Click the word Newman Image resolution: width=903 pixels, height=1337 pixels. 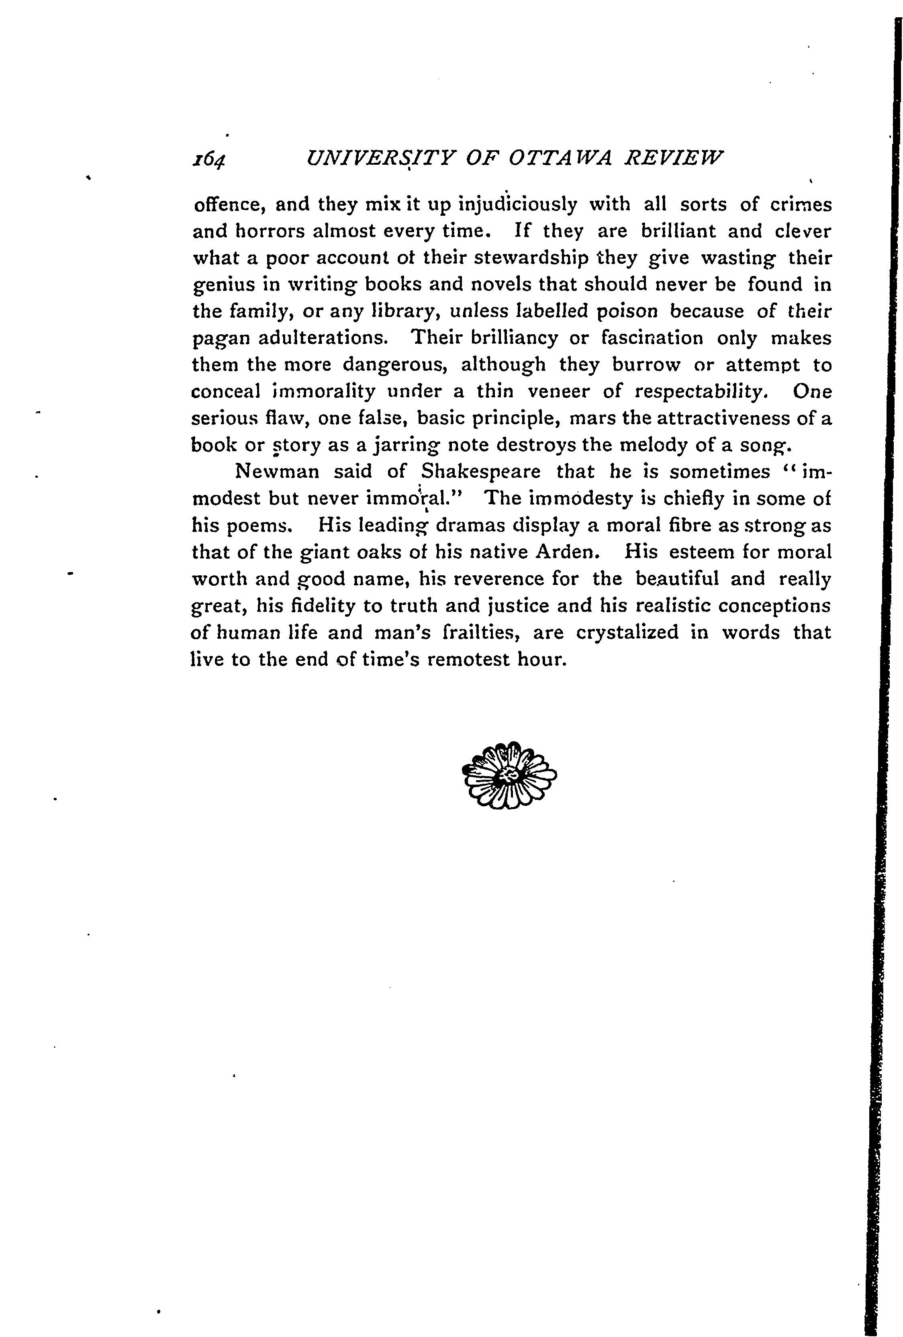277,472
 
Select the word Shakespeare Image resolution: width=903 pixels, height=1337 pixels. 481,472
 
